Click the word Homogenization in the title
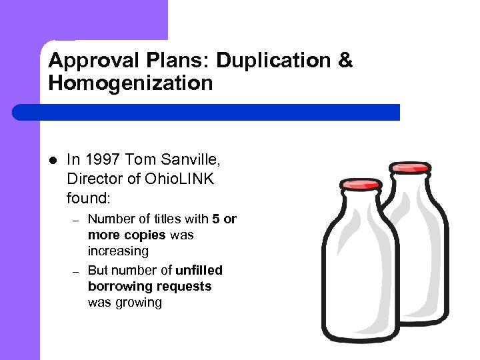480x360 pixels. [131, 83]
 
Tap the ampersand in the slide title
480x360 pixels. [345, 61]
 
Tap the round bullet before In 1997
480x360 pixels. [53, 160]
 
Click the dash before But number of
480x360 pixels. [76, 271]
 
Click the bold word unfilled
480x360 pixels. [199, 270]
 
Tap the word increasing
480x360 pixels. [118, 251]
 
